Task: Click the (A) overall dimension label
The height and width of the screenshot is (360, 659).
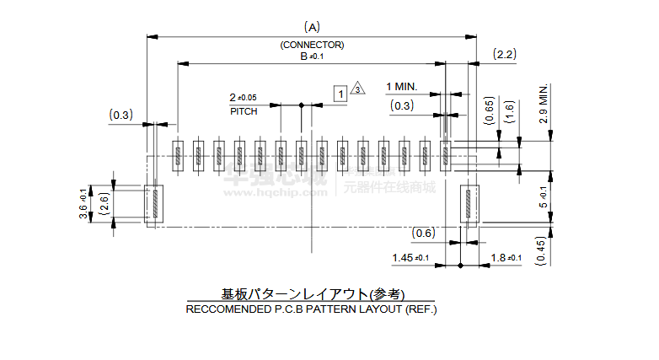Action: [x=312, y=26]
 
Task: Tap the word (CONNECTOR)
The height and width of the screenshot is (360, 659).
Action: [x=312, y=45]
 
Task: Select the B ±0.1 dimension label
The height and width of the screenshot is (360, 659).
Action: [x=312, y=56]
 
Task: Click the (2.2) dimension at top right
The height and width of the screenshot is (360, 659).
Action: [x=504, y=55]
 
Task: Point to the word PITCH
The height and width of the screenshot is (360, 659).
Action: [x=244, y=111]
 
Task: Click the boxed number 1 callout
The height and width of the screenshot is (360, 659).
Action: [x=340, y=93]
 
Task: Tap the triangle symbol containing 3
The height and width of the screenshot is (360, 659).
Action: [x=357, y=89]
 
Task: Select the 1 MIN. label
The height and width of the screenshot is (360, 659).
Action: [x=402, y=87]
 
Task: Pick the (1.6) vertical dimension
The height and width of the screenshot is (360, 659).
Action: [x=509, y=111]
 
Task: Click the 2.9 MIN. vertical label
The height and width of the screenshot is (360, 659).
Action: [x=545, y=105]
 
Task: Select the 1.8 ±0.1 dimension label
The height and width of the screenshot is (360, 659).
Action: [x=506, y=258]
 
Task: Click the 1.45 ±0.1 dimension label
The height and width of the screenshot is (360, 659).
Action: [x=410, y=258]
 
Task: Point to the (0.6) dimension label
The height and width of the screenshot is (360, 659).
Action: [x=424, y=233]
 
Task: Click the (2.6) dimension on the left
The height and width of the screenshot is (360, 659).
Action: [x=104, y=205]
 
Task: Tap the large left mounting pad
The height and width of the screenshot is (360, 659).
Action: [x=155, y=205]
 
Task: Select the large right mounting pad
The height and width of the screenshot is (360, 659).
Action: [x=469, y=205]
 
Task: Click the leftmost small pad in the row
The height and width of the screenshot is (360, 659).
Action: [x=178, y=156]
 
